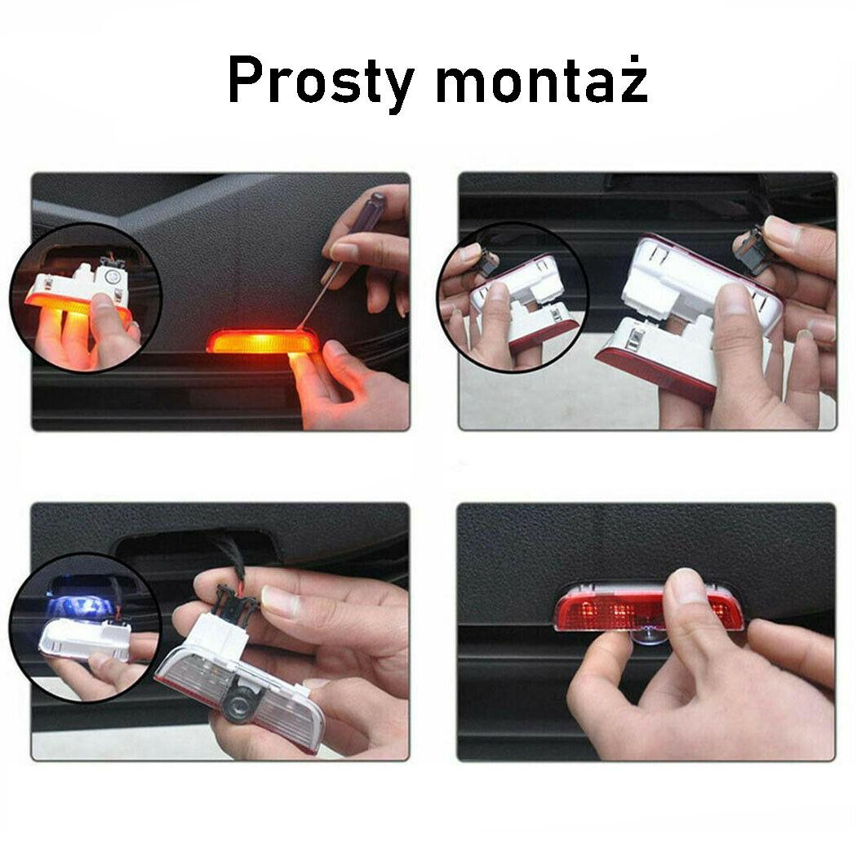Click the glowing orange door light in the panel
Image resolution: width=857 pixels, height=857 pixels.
pos(262,340)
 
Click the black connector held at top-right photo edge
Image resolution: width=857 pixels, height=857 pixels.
pos(754,250)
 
